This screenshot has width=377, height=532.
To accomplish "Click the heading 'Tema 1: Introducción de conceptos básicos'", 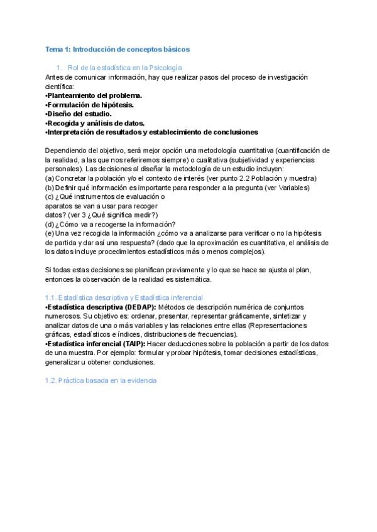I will point(117,48).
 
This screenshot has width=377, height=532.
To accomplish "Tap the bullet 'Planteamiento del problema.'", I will point(94,95).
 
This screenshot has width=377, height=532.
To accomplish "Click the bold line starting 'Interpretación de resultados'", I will point(152,132).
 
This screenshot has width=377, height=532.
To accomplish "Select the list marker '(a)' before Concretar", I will point(50,178).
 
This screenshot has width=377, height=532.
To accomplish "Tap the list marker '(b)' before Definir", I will point(50,188).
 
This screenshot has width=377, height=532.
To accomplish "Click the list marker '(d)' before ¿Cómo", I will point(50,225).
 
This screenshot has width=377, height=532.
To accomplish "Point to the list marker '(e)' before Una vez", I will point(50,233).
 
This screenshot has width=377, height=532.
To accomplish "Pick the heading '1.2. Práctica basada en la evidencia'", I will point(101,381).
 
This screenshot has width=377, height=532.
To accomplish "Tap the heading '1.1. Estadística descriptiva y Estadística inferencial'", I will point(124,297).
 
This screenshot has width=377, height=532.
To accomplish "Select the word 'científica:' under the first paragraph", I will point(60,86).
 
